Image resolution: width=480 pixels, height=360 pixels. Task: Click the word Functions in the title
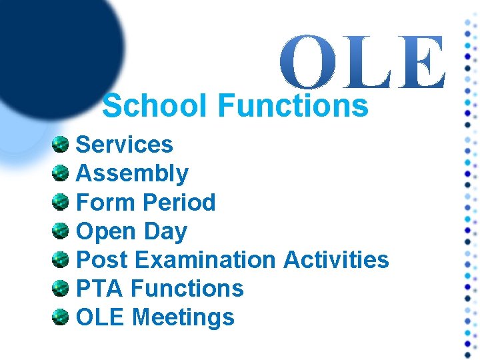pos(293,106)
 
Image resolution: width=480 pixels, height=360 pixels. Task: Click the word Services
pos(125,145)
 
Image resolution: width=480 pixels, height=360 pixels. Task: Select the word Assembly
pos(133,174)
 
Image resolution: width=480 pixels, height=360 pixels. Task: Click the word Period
pos(179,203)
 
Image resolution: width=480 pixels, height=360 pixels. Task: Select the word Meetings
pos(183,317)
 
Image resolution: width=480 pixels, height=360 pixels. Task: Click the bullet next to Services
pos(61,144)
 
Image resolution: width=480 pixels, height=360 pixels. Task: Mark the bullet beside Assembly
pos(61,173)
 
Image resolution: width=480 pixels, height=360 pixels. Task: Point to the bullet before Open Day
pos(61,231)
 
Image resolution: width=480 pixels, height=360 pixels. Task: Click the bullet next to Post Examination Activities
pos(61,259)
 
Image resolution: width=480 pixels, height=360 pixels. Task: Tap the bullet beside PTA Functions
pos(61,288)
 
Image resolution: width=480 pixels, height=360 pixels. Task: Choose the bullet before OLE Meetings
pos(61,317)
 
